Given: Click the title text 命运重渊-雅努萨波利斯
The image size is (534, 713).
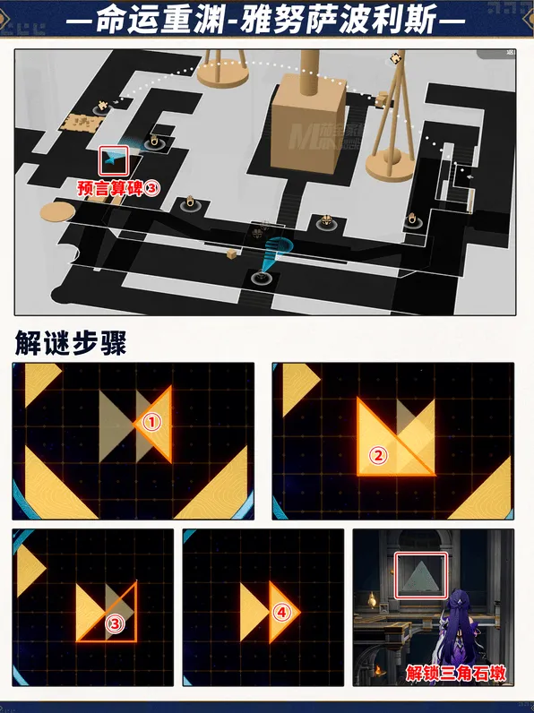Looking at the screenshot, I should click(267, 19).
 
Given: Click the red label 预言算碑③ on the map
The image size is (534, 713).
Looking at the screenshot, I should click(118, 188).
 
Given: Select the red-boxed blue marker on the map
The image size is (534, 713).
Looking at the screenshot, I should click(114, 160).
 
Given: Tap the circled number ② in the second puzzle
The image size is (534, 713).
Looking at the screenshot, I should click(378, 455).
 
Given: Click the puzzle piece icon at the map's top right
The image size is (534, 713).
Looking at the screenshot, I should click(395, 58).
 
